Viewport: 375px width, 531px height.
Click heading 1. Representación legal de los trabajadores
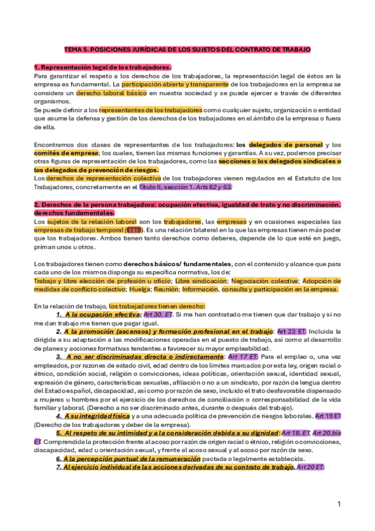pos(103,66)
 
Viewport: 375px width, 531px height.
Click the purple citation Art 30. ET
pos(158,314)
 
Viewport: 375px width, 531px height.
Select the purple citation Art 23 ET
pos(292,331)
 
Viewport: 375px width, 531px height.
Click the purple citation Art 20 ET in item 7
pos(310,467)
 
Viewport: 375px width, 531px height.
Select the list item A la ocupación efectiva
pos(103,314)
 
